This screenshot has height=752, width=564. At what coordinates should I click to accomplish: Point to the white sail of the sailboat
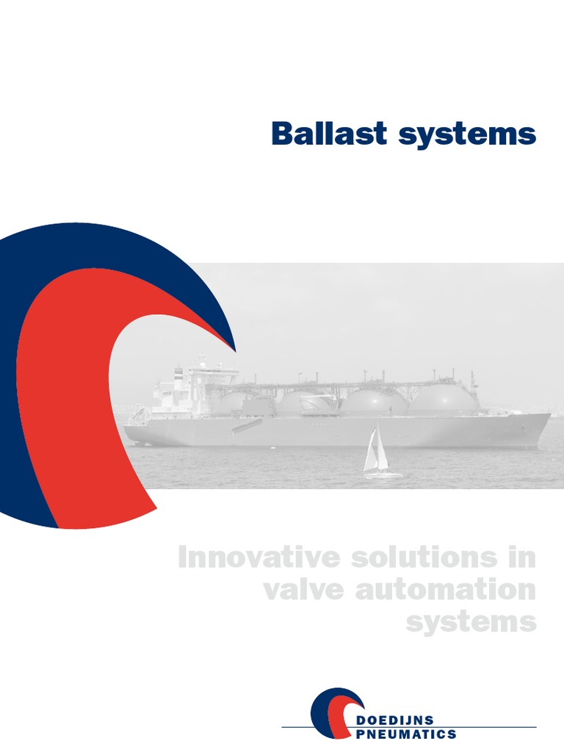tap(374, 450)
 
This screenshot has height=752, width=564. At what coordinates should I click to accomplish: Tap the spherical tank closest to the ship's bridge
tap(242, 403)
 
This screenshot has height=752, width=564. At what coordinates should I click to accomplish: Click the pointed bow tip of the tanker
tap(549, 416)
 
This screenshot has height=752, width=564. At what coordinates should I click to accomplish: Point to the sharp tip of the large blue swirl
tap(234, 350)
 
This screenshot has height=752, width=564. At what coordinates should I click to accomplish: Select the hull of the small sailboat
tap(383, 475)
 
